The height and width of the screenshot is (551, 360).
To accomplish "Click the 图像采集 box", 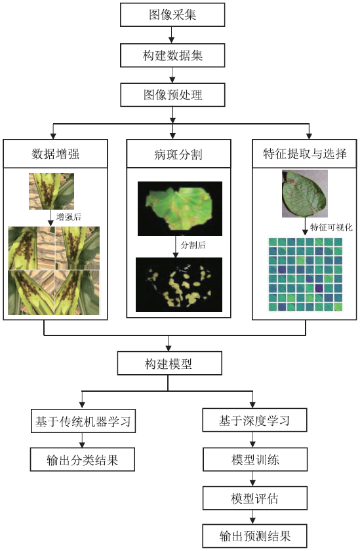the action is [172, 15].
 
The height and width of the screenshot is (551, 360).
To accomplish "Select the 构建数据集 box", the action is [172, 55].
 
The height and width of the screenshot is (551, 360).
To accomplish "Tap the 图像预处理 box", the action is [172, 94].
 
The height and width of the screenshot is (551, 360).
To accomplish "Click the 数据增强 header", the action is [55, 153].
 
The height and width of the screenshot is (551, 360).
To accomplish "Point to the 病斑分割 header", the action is [178, 153].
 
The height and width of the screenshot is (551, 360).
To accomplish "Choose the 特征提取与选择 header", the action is [304, 153].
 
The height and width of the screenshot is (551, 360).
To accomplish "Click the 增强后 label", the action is [69, 217].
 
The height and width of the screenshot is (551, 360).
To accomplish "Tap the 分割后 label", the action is [193, 245].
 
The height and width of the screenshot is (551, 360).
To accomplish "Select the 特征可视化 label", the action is [331, 227].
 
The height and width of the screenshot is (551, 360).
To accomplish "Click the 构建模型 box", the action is [169, 363].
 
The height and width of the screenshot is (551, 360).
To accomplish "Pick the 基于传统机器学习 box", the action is [83, 421].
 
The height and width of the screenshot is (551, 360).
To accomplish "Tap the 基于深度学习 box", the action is [254, 420].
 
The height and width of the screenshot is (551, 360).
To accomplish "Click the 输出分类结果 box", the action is [82, 459].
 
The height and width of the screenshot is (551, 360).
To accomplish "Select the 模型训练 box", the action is [255, 459].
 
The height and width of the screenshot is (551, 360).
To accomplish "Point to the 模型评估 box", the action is [255, 498].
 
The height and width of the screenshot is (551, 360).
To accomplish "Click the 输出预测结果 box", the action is [254, 536].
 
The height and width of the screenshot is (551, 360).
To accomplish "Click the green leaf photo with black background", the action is [180, 208].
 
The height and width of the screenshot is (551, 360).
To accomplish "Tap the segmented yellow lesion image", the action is [179, 284].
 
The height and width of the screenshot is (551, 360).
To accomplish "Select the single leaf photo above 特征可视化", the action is [305, 194].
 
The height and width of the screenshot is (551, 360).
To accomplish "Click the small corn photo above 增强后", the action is [51, 191].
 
